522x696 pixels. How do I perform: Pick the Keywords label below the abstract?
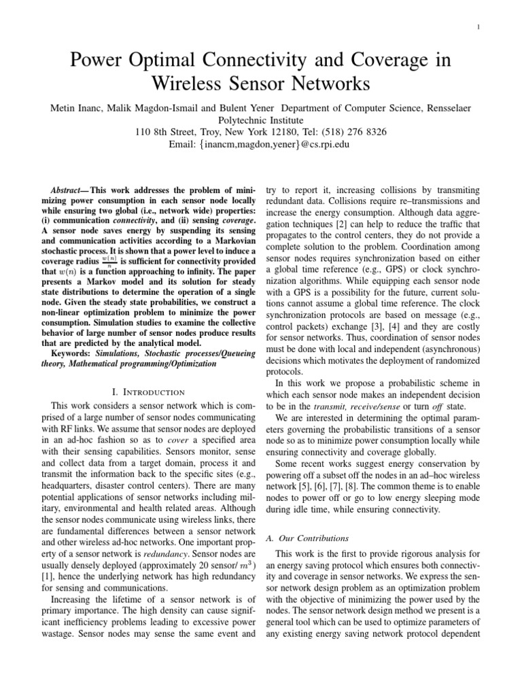tap(72, 354)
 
